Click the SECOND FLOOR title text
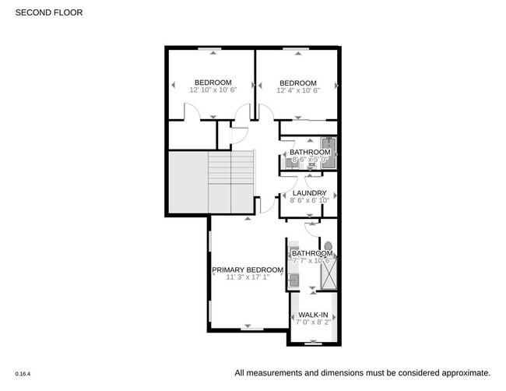coord(48,13)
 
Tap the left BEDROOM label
coord(213,83)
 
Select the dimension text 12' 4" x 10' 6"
coord(298,90)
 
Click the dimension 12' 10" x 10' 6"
coord(213,90)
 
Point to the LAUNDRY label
coord(308,192)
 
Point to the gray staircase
coord(210,181)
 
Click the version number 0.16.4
coord(23,373)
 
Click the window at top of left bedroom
coord(211,49)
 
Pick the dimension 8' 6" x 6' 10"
coord(308,200)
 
